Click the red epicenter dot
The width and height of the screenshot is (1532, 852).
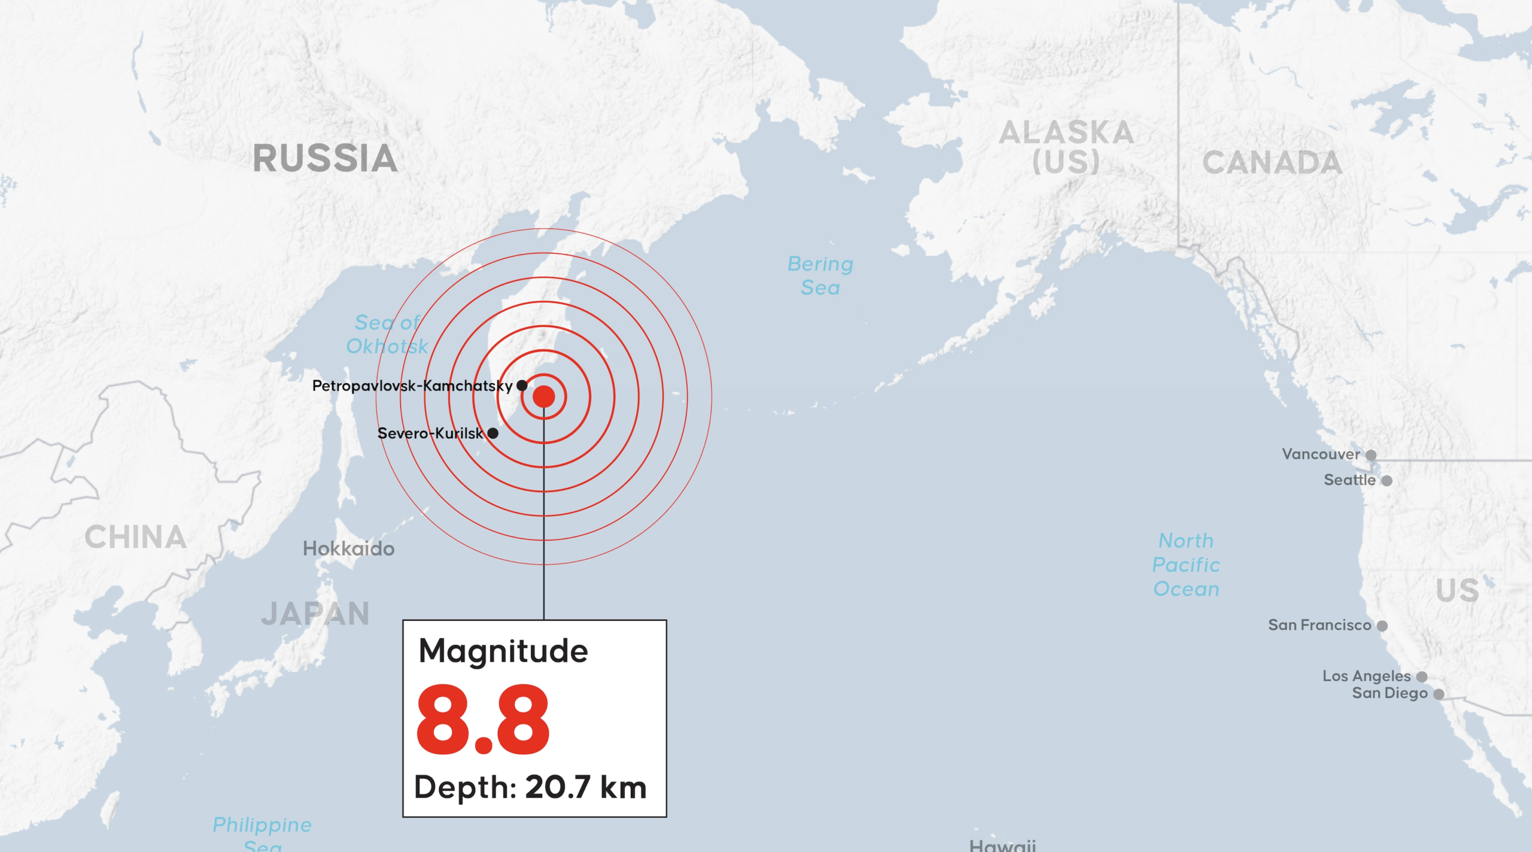(543, 396)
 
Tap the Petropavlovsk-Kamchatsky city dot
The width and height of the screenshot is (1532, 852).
(522, 385)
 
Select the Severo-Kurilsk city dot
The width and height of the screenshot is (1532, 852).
(493, 433)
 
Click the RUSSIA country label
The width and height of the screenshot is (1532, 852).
(325, 159)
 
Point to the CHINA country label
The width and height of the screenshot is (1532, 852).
(135, 537)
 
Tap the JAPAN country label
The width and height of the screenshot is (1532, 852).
(315, 614)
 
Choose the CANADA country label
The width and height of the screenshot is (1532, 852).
(1272, 163)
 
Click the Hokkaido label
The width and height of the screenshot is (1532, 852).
(348, 548)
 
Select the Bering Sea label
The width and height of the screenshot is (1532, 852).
(820, 275)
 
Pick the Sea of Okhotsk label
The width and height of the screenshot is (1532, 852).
(387, 334)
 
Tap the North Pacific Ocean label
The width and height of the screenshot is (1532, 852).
(1186, 565)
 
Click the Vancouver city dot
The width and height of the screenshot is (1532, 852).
(1371, 455)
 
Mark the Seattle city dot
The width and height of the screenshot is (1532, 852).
(1387, 481)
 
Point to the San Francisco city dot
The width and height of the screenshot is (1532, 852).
(1382, 626)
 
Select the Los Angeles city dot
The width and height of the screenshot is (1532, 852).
(1422, 677)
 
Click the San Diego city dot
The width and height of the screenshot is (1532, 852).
(1439, 694)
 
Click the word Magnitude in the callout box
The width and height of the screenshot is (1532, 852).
(503, 651)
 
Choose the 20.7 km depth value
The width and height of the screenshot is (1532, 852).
(585, 787)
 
